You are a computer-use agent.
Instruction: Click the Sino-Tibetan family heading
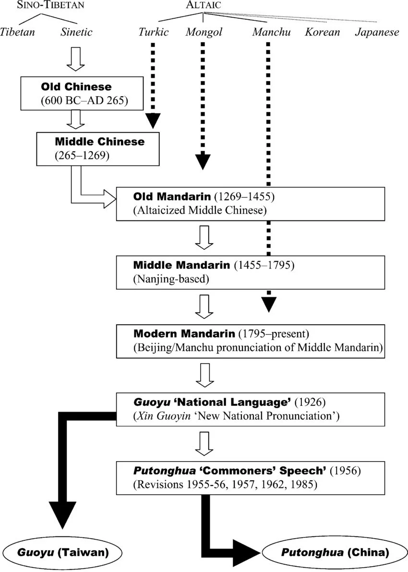click(51, 5)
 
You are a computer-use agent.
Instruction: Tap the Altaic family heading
click(204, 5)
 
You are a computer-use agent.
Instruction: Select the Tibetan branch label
click(17, 32)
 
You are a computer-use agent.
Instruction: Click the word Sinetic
click(77, 32)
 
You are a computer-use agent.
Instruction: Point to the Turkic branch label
click(154, 32)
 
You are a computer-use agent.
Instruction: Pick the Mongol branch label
click(204, 32)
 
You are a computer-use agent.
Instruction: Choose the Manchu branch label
click(271, 32)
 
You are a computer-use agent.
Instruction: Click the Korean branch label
click(322, 32)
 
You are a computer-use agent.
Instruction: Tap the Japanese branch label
click(377, 32)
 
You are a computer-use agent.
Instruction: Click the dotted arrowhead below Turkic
click(153, 121)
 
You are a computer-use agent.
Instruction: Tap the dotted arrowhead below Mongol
click(203, 162)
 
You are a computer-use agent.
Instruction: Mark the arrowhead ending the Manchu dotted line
click(269, 304)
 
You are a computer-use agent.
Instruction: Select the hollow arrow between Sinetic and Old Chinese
click(75, 59)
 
